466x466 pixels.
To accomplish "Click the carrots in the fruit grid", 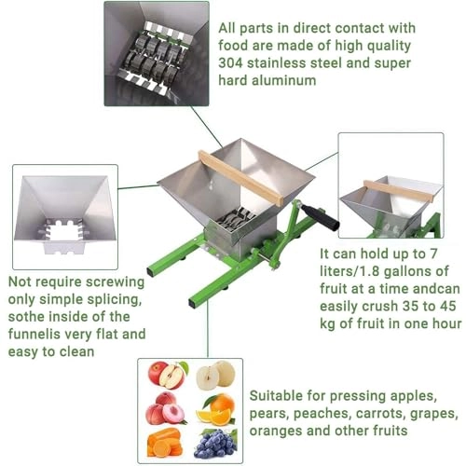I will tap(166, 442).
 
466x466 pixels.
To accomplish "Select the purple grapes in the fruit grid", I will tap(215, 442).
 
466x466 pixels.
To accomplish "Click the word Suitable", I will tap(279, 395).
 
